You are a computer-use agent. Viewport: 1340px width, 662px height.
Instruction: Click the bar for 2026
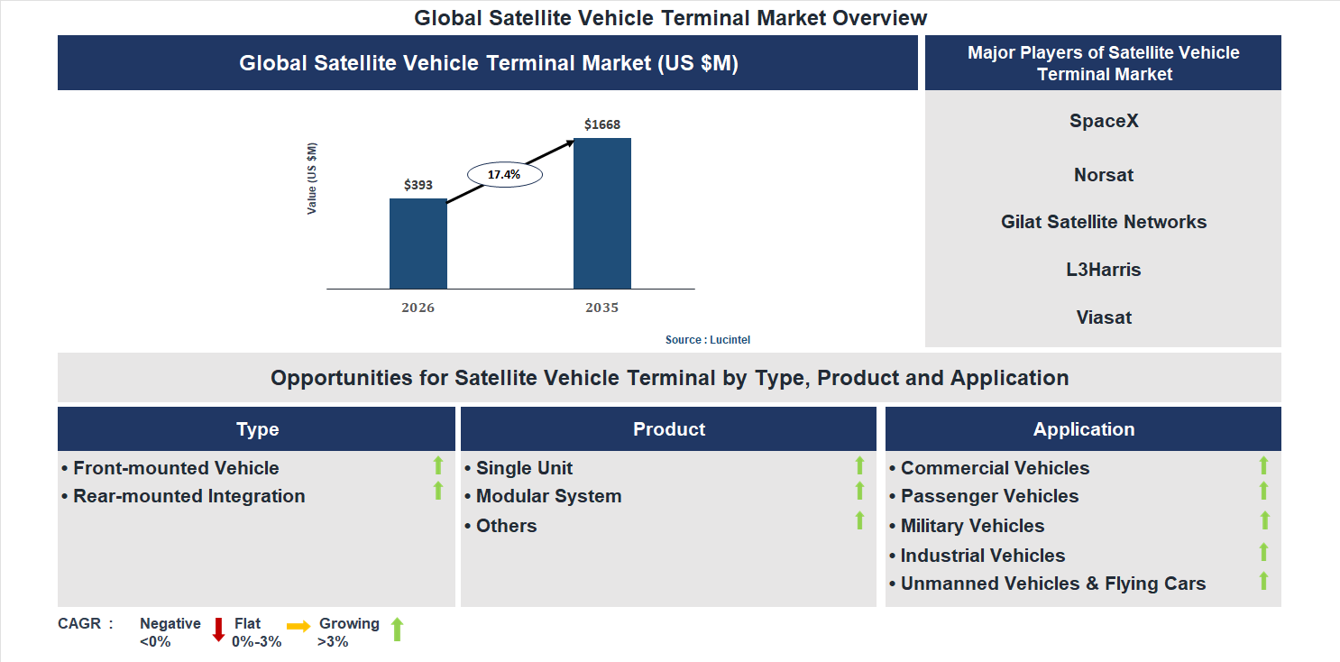[x=418, y=244]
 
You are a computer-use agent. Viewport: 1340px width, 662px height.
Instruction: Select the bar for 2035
[x=601, y=213]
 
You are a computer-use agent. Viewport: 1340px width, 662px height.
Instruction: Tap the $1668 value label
[x=601, y=124]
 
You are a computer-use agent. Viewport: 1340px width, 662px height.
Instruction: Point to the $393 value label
[x=418, y=185]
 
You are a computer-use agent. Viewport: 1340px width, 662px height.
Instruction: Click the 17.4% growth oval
[x=504, y=174]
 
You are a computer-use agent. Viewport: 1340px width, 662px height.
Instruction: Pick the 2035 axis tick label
[x=601, y=308]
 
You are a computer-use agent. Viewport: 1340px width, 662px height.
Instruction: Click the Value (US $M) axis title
[x=312, y=179]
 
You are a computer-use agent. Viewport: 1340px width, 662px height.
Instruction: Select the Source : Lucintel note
[x=708, y=340]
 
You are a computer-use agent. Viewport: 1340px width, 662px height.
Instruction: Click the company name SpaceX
[x=1104, y=121]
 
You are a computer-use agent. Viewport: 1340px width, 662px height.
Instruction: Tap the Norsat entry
[x=1104, y=175]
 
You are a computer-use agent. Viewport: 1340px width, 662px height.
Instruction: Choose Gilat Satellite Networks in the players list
[x=1104, y=222]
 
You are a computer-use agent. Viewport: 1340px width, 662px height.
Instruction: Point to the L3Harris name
[x=1104, y=270]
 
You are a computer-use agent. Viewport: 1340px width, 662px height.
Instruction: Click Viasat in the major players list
[x=1104, y=317]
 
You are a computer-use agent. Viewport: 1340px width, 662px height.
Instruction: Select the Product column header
[x=668, y=429]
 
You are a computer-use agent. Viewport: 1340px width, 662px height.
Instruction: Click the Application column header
[x=1083, y=429]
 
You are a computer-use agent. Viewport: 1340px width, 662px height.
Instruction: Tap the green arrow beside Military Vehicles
[x=1264, y=520]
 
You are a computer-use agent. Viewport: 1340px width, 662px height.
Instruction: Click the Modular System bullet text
[x=548, y=496]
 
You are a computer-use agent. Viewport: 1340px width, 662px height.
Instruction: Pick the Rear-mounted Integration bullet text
[x=188, y=496]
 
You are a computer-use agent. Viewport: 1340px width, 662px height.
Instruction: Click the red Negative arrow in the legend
[x=218, y=629]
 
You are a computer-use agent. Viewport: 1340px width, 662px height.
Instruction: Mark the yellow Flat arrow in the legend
[x=298, y=625]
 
